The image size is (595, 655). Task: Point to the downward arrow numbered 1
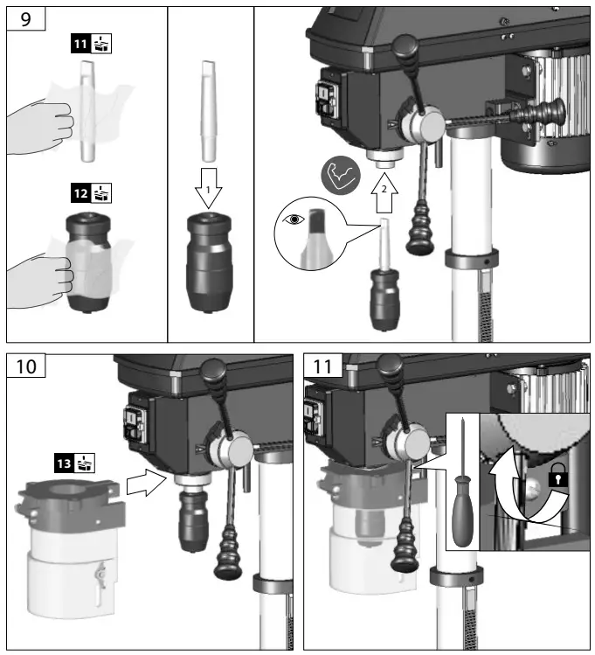point(208,184)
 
